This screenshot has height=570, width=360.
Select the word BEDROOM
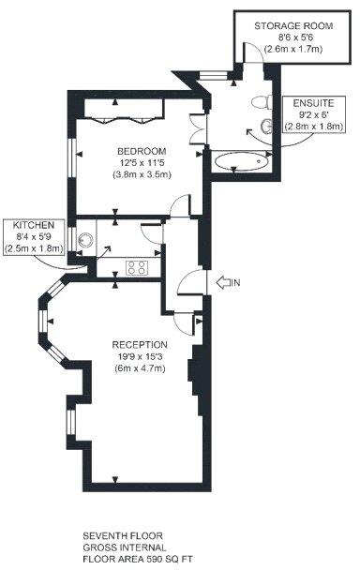142,151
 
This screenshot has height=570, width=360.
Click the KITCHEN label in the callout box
33,227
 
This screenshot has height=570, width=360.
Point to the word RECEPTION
140,344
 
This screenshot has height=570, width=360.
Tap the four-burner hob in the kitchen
136,267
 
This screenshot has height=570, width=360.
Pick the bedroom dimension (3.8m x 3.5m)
142,174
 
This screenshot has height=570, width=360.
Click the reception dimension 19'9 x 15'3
140,356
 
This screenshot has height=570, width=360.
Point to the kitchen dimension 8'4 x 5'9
33,238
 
